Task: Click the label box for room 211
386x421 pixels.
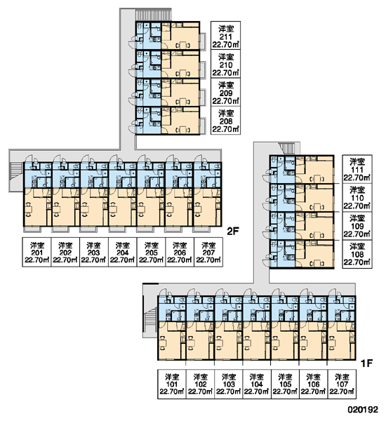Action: click(x=225, y=36)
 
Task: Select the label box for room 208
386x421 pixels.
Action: click(x=225, y=120)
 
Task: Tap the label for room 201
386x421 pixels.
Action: click(x=36, y=252)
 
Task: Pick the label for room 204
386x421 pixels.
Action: click(x=123, y=252)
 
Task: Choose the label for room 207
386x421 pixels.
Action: click(x=208, y=252)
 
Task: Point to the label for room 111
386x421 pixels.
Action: click(x=357, y=169)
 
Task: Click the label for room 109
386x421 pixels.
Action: click(x=357, y=225)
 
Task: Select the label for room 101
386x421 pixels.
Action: click(x=172, y=384)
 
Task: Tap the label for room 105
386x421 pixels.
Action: click(x=285, y=384)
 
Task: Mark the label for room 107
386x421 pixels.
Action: click(x=342, y=384)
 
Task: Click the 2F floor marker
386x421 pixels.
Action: click(x=233, y=231)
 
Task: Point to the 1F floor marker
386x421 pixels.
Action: click(x=366, y=363)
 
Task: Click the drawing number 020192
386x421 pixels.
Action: click(x=363, y=410)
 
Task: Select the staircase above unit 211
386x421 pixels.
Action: click(x=153, y=15)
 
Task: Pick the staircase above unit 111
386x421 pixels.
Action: click(x=287, y=148)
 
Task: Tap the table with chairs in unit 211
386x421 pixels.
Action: click(x=183, y=45)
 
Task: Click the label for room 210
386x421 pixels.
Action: click(x=225, y=64)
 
